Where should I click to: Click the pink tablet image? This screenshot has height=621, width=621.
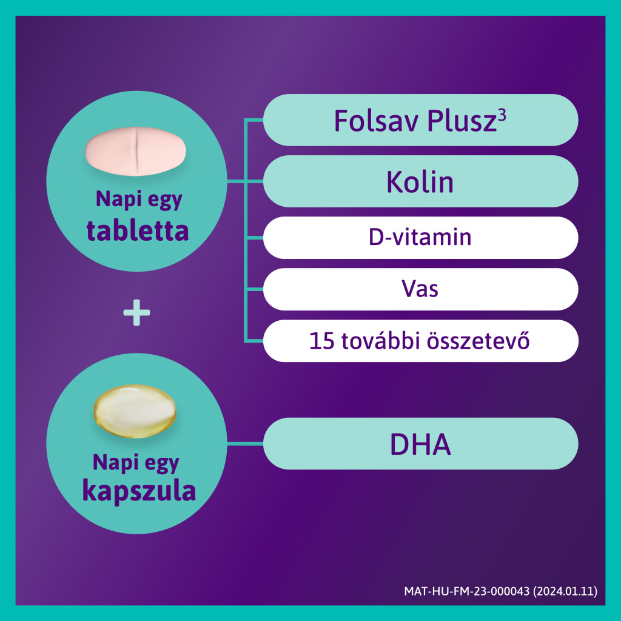click(136, 151)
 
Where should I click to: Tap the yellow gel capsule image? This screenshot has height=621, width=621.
click(135, 411)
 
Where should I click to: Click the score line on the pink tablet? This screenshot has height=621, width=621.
click(136, 151)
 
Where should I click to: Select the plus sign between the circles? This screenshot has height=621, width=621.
click(136, 312)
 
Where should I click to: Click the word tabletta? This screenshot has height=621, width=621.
click(138, 230)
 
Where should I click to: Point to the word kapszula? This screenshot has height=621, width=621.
click(139, 491)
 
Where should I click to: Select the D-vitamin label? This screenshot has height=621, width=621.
click(420, 237)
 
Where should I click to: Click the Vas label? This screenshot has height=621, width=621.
click(420, 289)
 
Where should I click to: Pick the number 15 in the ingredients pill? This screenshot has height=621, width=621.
click(321, 341)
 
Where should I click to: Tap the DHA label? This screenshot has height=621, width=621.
click(420, 445)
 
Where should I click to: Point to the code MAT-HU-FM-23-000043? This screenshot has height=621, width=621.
click(466, 591)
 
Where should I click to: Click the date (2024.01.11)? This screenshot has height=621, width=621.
click(565, 591)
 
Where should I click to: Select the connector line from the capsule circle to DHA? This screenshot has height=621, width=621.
click(245, 443)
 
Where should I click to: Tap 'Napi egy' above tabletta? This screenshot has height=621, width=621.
click(139, 200)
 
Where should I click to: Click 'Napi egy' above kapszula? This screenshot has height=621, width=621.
click(136, 463)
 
